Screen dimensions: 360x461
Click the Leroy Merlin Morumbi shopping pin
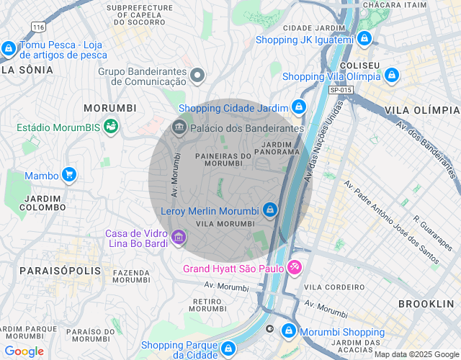point(269,210)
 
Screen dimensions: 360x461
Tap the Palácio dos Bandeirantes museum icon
point(179,127)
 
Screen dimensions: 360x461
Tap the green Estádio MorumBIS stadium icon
point(111,127)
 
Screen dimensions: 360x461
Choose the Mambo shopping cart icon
point(69,174)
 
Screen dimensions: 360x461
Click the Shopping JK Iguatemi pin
point(364,38)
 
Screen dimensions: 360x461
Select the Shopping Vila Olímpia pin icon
point(391,75)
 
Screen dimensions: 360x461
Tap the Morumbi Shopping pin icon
point(288,330)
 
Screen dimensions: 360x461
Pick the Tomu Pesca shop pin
point(9,48)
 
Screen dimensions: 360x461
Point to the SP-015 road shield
point(341,89)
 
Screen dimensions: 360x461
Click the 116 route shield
point(38,27)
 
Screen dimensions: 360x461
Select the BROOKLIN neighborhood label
point(426,304)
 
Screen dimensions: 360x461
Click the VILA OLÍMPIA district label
point(422,109)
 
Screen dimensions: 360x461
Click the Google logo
point(24,351)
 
